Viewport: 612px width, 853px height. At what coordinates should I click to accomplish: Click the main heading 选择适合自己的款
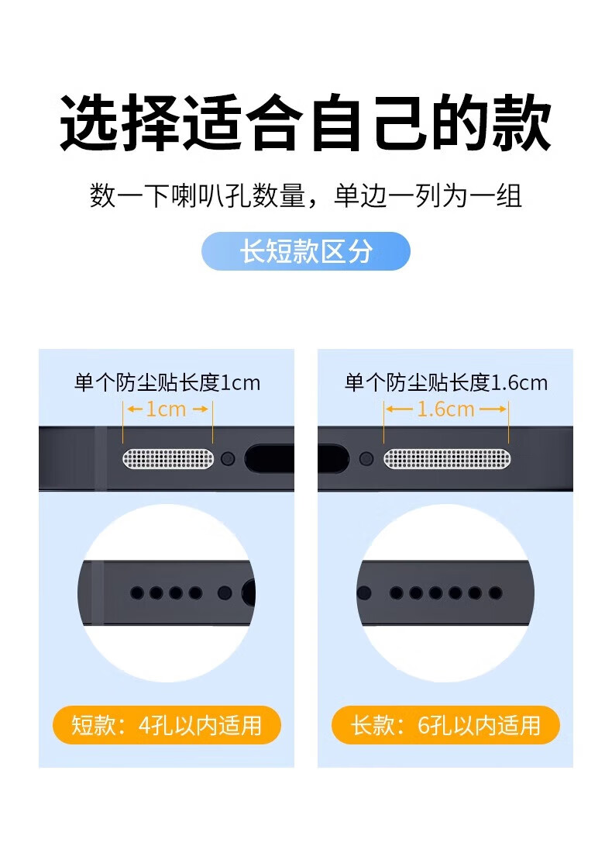coord(306,123)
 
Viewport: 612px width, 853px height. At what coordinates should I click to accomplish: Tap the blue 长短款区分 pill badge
coord(306,251)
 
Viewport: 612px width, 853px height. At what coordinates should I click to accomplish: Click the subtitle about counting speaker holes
coord(306,196)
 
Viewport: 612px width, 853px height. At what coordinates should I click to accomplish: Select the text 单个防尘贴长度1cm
coord(167,383)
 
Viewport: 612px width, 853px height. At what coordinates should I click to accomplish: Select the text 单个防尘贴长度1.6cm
coord(446,383)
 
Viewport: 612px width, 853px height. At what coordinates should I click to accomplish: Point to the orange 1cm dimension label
coord(167,409)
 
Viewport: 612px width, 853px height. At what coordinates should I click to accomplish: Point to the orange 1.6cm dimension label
coord(445,409)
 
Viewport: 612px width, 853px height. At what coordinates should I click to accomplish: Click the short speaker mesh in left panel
coord(168,459)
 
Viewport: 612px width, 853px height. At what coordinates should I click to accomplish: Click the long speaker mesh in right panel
coord(447,459)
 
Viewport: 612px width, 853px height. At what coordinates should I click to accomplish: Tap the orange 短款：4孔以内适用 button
coord(167,725)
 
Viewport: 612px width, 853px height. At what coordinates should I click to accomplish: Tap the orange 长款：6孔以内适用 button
coord(445,725)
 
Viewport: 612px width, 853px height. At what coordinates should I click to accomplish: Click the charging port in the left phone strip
coord(270,459)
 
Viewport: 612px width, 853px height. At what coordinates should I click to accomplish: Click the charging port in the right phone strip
coord(333,459)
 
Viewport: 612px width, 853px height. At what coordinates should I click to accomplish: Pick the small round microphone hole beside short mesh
coord(229,459)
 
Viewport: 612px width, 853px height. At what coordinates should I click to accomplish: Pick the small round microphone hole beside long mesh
coord(367,459)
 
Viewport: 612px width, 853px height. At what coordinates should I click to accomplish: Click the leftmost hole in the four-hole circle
coord(137,593)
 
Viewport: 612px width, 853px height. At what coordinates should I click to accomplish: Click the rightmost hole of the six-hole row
coord(495,593)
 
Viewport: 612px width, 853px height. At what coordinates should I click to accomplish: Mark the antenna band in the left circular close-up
coord(98,593)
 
